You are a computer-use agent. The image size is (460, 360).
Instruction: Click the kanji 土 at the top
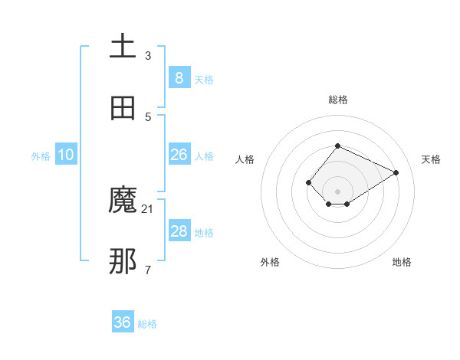[x=123, y=47]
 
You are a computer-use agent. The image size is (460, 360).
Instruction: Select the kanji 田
[x=123, y=108]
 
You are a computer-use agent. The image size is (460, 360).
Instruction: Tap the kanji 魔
[x=123, y=200]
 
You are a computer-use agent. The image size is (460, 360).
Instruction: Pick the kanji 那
[x=123, y=261]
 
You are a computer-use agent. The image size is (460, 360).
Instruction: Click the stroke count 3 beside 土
[x=148, y=55]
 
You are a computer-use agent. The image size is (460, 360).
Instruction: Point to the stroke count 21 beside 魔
[x=148, y=208]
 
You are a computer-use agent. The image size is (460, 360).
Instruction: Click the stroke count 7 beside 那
[x=148, y=270]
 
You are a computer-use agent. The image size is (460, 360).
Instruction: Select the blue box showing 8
[x=179, y=77]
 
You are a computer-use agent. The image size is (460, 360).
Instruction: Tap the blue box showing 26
[x=179, y=155]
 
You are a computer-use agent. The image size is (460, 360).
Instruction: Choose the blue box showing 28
[x=179, y=231]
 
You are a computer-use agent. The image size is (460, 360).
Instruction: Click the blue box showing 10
[x=66, y=155]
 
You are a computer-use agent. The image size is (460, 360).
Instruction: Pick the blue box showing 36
[x=122, y=322]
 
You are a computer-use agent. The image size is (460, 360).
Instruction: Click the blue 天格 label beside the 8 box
[x=204, y=79]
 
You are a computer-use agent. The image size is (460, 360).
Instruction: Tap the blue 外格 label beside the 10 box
[x=41, y=156]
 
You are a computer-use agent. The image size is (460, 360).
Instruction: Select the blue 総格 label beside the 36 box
[x=147, y=324]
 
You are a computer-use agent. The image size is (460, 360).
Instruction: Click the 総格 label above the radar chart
[x=337, y=100]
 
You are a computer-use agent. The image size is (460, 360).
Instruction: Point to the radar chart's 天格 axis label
[x=431, y=159]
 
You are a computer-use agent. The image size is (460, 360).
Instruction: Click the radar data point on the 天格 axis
[x=396, y=172]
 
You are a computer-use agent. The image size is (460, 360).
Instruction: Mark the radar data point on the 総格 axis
[x=337, y=146]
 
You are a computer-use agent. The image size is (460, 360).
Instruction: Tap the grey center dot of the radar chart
[x=337, y=191]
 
